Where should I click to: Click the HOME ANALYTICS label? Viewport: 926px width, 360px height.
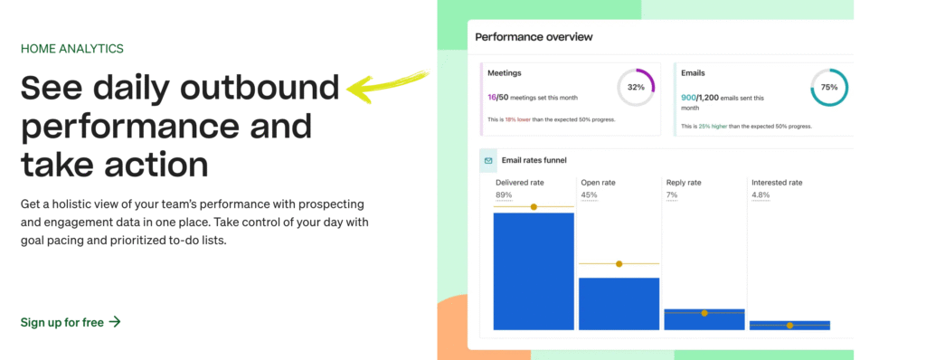pos(71,49)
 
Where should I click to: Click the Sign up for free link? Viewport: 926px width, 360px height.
pos(71,322)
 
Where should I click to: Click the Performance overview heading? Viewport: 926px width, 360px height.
pos(534,37)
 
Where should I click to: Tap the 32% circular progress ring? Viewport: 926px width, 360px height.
pos(635,88)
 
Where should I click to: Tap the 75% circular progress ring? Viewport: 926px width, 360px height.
pos(828,88)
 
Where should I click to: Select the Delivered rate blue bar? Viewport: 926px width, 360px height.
pos(534,271)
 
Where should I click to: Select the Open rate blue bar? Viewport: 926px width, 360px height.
pos(619,303)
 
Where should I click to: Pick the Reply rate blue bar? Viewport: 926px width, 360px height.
pos(704,319)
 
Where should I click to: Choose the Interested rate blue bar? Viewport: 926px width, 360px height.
pos(789,325)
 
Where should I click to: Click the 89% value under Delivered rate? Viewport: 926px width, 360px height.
pos(505,194)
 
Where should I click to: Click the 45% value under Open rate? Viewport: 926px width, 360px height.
pos(588,194)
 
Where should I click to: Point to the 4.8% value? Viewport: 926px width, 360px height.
pos(761,194)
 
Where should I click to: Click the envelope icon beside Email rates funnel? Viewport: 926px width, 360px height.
pos(488,161)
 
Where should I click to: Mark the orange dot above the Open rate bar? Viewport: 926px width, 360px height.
pos(619,264)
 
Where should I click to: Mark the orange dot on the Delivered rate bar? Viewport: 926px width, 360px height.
pos(534,207)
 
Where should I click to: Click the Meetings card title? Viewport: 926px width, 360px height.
pos(505,72)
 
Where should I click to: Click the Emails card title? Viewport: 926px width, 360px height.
pos(694,72)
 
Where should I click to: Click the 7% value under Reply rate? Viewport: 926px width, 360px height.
pos(672,194)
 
